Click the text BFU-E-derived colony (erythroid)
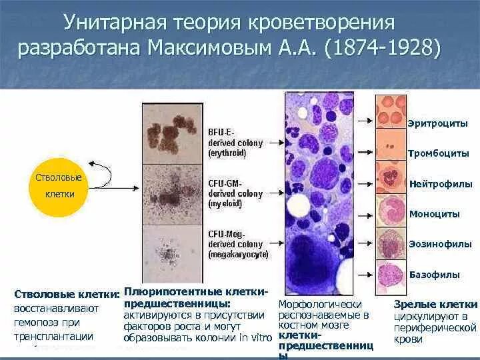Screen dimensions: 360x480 (235, 143)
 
